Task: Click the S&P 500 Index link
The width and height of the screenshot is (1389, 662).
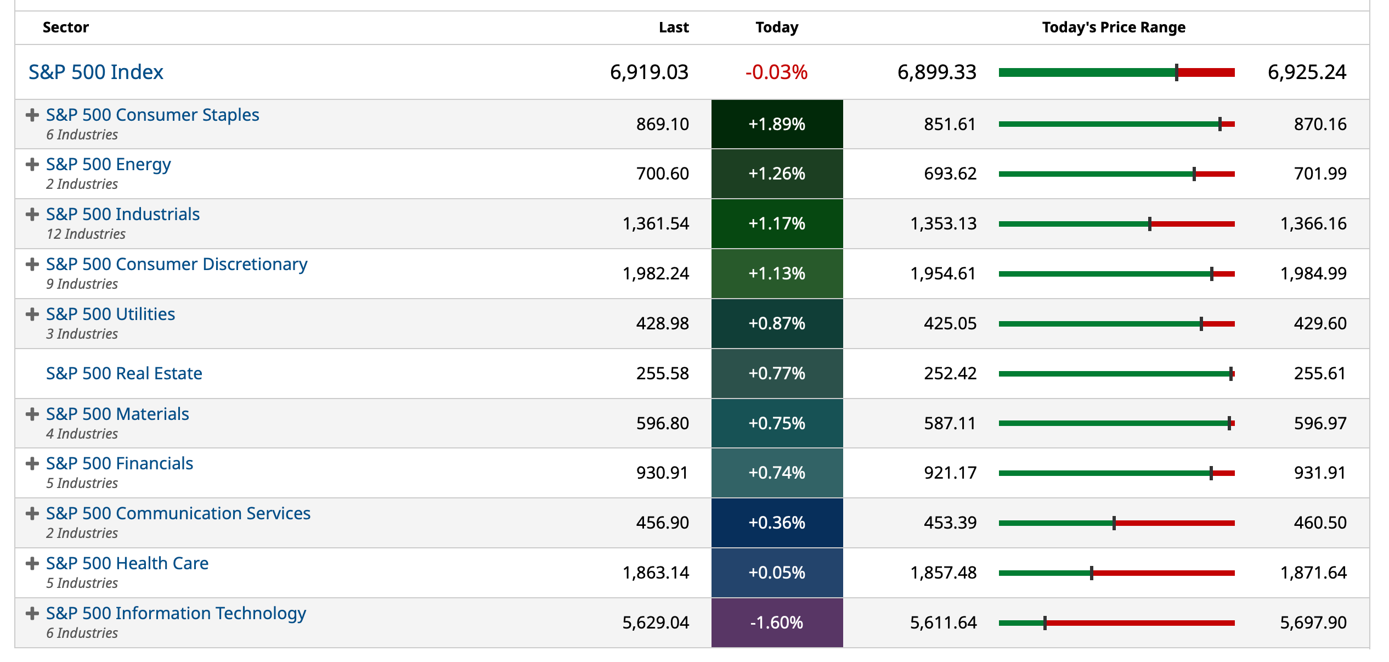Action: [x=95, y=72]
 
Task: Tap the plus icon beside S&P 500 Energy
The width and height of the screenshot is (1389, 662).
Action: [x=32, y=164]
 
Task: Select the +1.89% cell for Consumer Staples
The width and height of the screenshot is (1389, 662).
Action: [x=776, y=124]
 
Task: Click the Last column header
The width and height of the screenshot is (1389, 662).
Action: [x=673, y=27]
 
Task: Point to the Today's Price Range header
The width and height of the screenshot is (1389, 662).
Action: [x=1113, y=27]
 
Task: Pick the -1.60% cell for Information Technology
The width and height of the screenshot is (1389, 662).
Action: [x=776, y=622]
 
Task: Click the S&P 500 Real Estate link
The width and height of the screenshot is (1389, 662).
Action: [x=124, y=373]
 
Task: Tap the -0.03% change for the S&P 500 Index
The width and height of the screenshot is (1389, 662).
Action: [x=776, y=72]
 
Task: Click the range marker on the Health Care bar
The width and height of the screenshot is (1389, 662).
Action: [x=1091, y=573]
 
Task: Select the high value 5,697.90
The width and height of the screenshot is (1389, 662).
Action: [x=1313, y=622]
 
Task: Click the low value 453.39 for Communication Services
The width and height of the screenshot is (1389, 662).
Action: [x=950, y=523]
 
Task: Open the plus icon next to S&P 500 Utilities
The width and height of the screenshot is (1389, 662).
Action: [x=32, y=314]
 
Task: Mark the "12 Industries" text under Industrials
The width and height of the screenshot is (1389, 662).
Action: [x=86, y=234]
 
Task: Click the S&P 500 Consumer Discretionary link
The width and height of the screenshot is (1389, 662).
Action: [x=176, y=264]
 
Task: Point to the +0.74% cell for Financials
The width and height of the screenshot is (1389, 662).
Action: [x=776, y=473]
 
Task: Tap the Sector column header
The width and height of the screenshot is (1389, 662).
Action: [x=65, y=27]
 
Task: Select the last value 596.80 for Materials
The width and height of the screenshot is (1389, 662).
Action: [x=662, y=423]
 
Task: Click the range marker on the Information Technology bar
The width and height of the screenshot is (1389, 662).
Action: [x=1044, y=623]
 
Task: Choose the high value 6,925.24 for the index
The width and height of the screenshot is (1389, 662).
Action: [x=1306, y=72]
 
